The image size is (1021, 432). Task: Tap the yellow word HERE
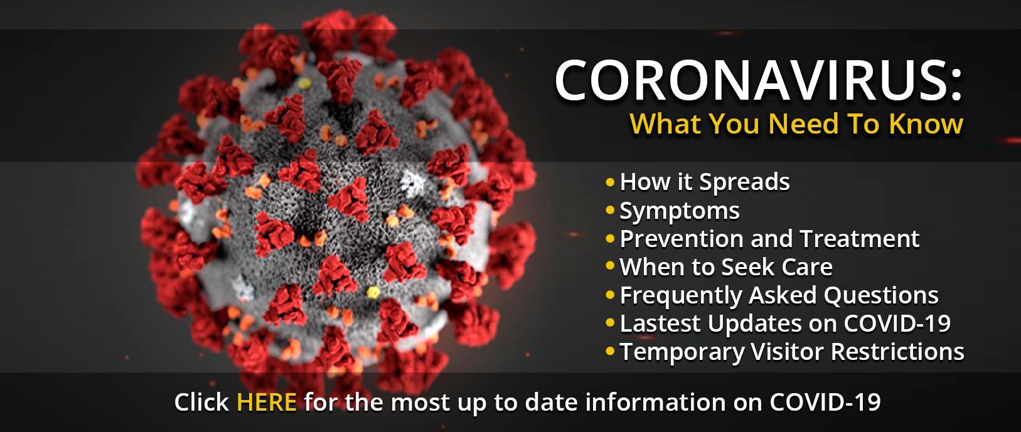click(x=267, y=402)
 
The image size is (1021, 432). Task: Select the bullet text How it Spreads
click(x=705, y=182)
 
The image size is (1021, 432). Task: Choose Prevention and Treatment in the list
click(x=769, y=238)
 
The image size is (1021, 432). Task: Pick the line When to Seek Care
click(x=726, y=266)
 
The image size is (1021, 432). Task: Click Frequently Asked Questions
click(x=779, y=295)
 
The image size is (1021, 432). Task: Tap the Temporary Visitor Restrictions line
click(x=792, y=351)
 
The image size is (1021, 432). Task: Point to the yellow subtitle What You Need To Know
click(x=796, y=124)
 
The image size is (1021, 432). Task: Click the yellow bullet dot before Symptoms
click(x=611, y=211)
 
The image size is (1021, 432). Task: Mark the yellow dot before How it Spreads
click(x=611, y=182)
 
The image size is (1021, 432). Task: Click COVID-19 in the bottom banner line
click(x=825, y=402)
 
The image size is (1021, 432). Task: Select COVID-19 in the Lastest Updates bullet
click(x=897, y=324)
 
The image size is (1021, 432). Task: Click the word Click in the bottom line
click(x=201, y=402)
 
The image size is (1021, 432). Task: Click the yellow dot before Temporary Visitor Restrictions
click(x=611, y=351)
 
